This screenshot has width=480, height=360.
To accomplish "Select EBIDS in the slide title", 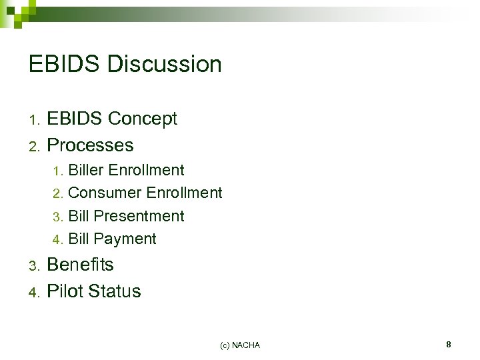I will (x=65, y=65).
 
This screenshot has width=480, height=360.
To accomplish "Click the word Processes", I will (x=91, y=145).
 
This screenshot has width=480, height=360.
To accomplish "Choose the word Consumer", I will (x=105, y=193).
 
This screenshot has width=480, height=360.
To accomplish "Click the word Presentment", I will (x=139, y=216).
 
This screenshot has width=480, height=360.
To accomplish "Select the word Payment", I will (x=125, y=239).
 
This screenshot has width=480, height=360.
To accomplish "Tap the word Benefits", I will (x=81, y=265).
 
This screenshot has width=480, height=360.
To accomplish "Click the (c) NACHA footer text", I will (x=239, y=345).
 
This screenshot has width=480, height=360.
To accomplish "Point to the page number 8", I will (x=449, y=345).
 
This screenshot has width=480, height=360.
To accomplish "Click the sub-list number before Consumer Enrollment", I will (x=57, y=194).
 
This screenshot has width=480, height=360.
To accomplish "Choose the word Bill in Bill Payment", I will (x=79, y=239).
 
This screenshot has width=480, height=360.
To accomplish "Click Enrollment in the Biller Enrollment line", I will (x=146, y=170).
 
